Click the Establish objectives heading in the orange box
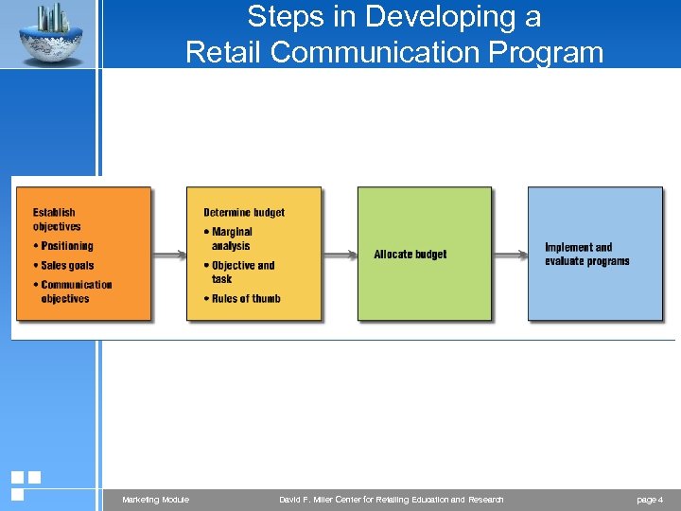[57, 220]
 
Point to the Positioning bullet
[66, 246]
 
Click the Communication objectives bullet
[76, 291]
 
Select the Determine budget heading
[244, 213]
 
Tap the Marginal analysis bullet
[231, 238]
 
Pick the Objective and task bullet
[242, 273]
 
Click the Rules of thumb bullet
[245, 299]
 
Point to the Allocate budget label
[410, 255]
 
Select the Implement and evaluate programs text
[586, 255]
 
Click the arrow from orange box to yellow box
[169, 254]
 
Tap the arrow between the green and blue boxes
[510, 254]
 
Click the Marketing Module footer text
[155, 500]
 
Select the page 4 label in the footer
[650, 500]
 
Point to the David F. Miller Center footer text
[392, 500]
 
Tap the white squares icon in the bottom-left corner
[25, 485]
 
